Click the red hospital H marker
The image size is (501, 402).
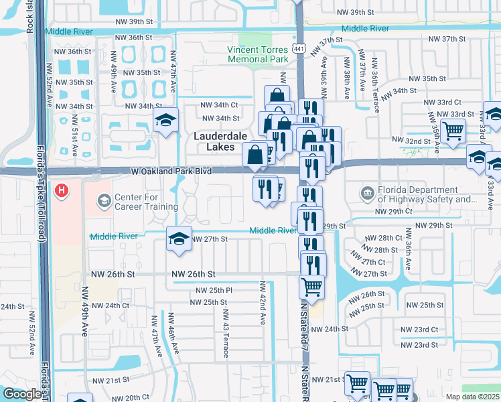[x=62, y=191]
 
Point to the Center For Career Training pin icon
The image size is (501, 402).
[x=104, y=200]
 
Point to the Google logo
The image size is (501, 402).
[x=22, y=394]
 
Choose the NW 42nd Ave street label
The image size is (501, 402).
[x=263, y=301]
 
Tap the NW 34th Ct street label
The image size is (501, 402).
[x=220, y=105]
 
